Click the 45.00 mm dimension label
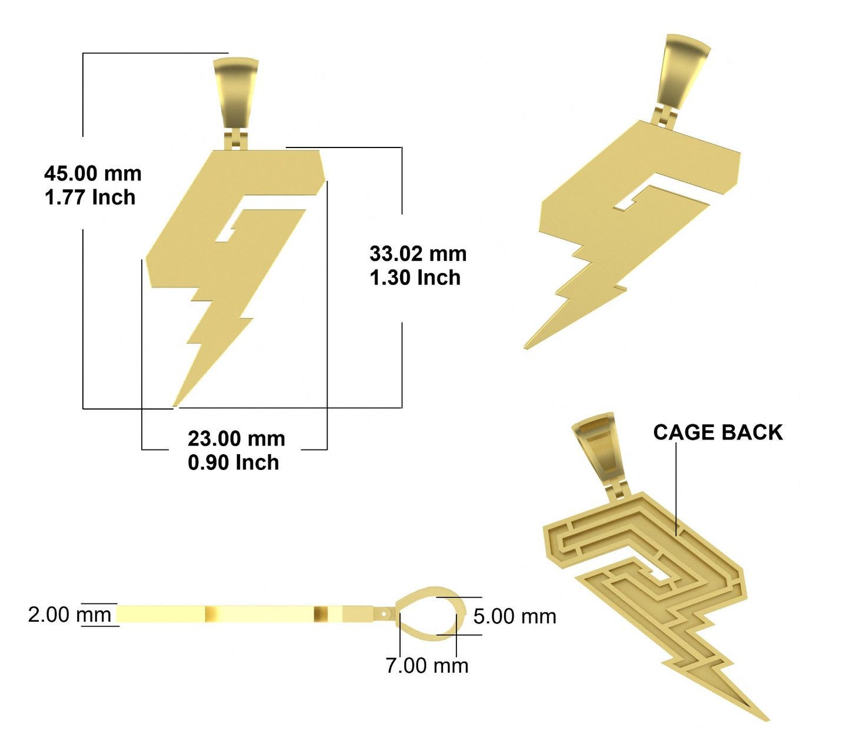(93, 173)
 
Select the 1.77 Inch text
(90, 197)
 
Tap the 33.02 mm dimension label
(418, 253)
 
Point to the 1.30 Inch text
(415, 277)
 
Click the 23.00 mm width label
(236, 439)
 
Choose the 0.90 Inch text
(234, 462)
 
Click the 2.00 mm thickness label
(69, 615)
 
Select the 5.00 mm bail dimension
(515, 616)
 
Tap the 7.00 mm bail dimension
(427, 666)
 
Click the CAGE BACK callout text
(718, 432)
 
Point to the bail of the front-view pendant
(236, 93)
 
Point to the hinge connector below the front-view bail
(236, 139)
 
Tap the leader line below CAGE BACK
(676, 489)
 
